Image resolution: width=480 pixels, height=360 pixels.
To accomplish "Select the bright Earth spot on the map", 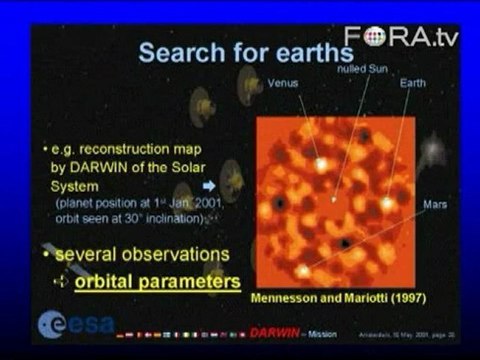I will pyautogui.click(x=387, y=203).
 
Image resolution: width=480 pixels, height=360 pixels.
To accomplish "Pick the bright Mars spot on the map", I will pyautogui.click(x=302, y=270).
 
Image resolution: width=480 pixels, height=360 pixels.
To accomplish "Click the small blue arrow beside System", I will pyautogui.click(x=208, y=185).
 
